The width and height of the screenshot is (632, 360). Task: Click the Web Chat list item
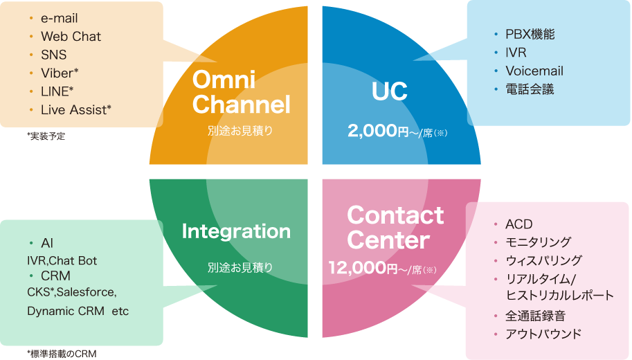pos(71,37)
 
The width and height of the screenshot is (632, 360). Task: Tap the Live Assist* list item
pos(76,109)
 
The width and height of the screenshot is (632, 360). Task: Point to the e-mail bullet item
pos(60,19)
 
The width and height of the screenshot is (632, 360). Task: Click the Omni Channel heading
pos(240,92)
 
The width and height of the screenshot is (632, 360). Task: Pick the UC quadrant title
pos(389,91)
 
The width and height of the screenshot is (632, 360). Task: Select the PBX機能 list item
pos(530,34)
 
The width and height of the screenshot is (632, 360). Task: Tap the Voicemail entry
pos(534,71)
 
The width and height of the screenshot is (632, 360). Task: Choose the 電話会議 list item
pos(530,89)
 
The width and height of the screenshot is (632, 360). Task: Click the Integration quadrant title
pos(235,231)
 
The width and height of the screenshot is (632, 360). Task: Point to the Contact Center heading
pos(395,228)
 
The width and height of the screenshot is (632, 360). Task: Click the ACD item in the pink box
pos(518,224)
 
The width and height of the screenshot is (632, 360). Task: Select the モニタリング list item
pos(538,242)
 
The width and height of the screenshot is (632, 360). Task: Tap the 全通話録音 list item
pos(535,316)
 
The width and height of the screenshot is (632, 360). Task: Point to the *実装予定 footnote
pos(46,136)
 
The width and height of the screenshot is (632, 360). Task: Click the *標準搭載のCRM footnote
pos(62,354)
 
